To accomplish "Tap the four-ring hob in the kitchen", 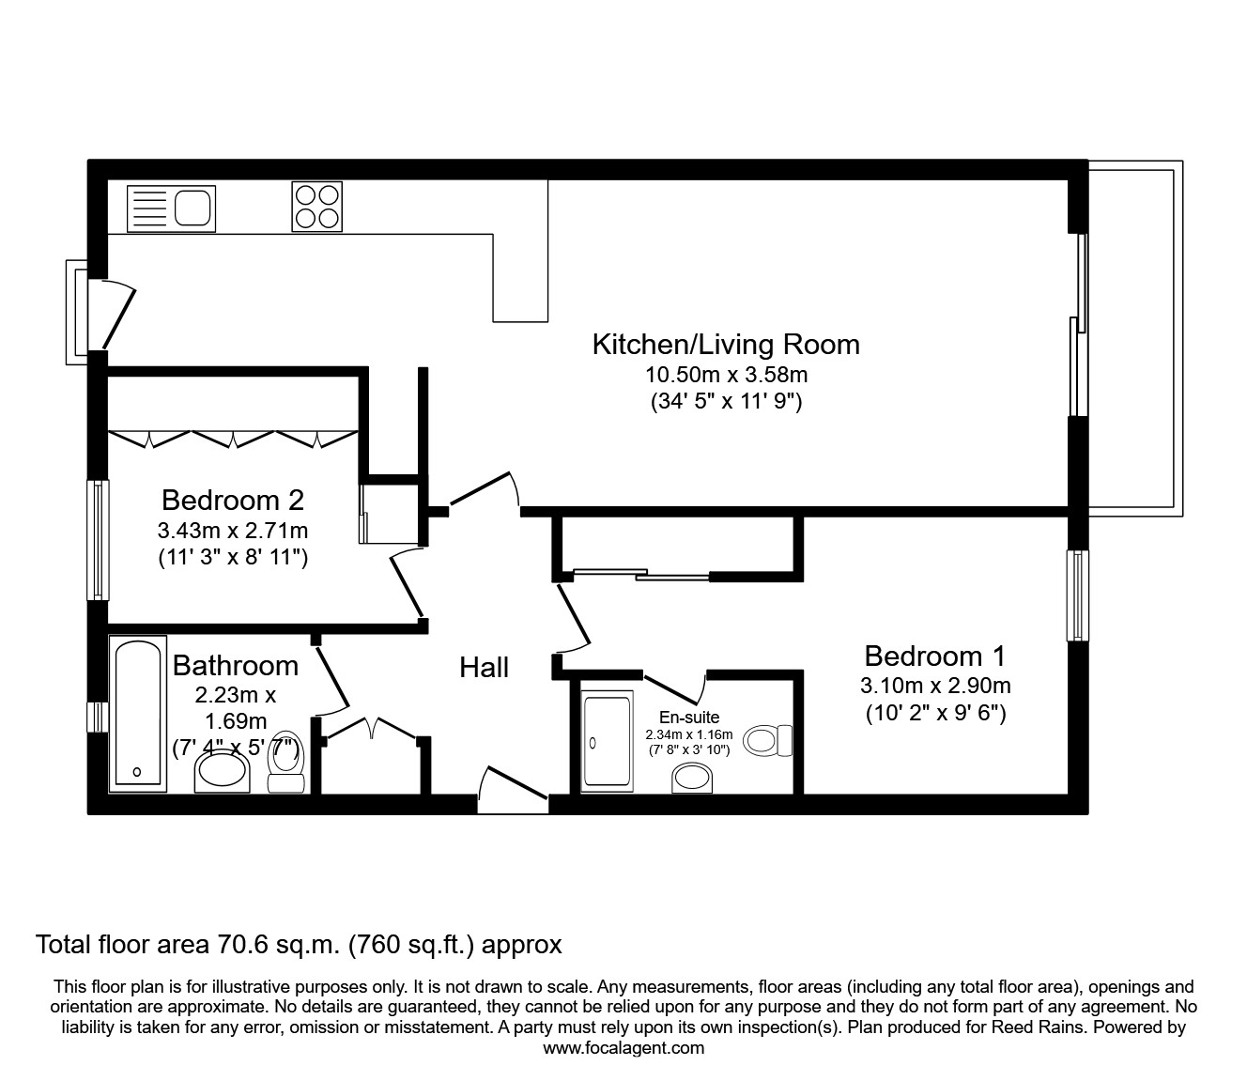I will tap(316, 207).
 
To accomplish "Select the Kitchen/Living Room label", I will tap(725, 344).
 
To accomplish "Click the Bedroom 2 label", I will tap(232, 499).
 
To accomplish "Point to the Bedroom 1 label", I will tap(934, 655).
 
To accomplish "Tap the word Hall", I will tap(484, 667).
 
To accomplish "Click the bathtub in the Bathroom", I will tap(137, 713).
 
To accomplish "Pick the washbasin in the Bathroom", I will tap(222, 772).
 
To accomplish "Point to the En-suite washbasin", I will tap(693, 779).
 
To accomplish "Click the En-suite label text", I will tap(688, 718).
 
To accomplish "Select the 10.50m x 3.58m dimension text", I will tap(726, 375).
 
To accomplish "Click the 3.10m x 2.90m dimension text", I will tap(934, 686).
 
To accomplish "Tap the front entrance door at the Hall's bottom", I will tap(512, 792).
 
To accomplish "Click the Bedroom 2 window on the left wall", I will tap(98, 540).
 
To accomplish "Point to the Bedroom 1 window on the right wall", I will tap(1077, 595).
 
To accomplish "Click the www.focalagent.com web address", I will tap(623, 1048).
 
